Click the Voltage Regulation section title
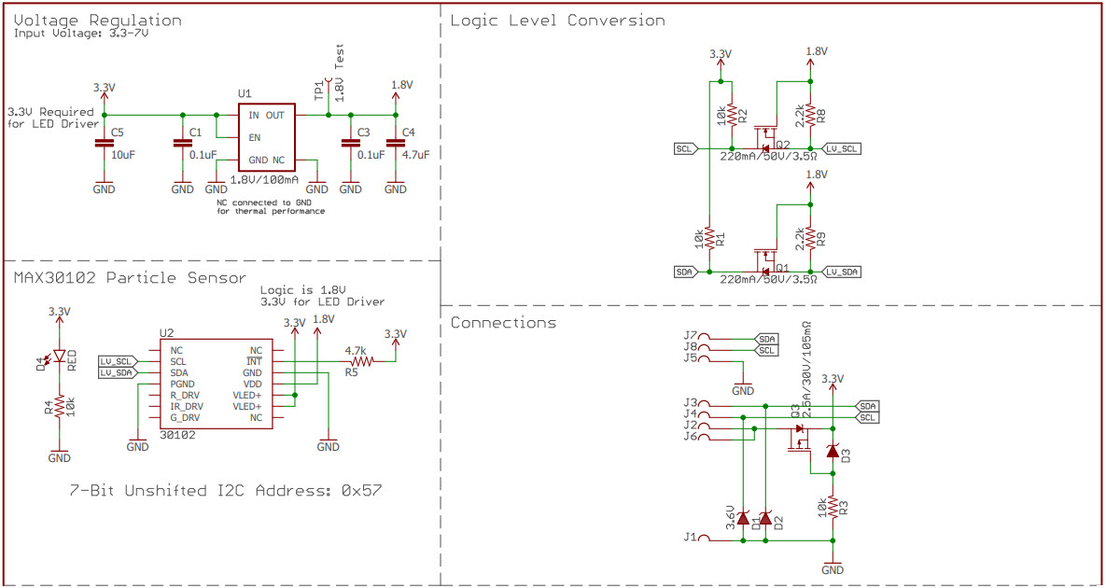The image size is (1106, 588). click(98, 20)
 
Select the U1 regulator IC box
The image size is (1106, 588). click(267, 137)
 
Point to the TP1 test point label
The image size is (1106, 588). click(319, 90)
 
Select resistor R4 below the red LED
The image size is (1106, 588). click(59, 407)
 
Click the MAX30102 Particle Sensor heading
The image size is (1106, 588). click(130, 277)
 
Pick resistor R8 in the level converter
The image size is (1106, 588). click(810, 115)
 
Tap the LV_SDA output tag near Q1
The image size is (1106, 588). click(842, 272)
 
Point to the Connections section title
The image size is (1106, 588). click(503, 323)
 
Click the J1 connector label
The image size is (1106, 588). click(690, 537)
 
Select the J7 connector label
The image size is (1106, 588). click(690, 335)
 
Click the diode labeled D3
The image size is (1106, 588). click(833, 451)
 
